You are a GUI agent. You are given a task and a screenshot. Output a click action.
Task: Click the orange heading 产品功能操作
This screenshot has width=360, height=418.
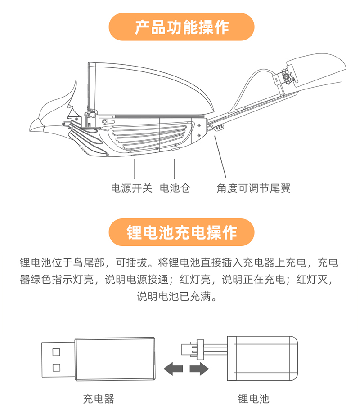pos(181,27)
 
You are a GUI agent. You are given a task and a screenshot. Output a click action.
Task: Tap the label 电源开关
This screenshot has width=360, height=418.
pos(132,188)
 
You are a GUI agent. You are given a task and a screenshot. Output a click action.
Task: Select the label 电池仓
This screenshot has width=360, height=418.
pos(175,188)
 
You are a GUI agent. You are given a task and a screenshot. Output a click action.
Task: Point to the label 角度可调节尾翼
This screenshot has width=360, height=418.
pos(253,188)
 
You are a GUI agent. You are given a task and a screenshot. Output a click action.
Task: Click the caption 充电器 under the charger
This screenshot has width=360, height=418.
pos(99,398)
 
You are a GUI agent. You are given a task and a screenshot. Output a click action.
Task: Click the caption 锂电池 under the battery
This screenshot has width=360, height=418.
pos(253,398)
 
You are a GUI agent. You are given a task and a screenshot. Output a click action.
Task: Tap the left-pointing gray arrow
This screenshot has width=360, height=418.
pos(173,369)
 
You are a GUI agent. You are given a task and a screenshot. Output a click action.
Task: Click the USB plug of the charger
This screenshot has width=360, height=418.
pos(58,359)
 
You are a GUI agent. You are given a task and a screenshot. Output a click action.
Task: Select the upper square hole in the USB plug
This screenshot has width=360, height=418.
pos(56,351)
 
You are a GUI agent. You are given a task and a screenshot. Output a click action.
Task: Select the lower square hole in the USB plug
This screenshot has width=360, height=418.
pos(56,367)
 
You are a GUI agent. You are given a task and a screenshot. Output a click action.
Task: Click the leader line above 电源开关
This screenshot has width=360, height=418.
pos(135,169)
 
